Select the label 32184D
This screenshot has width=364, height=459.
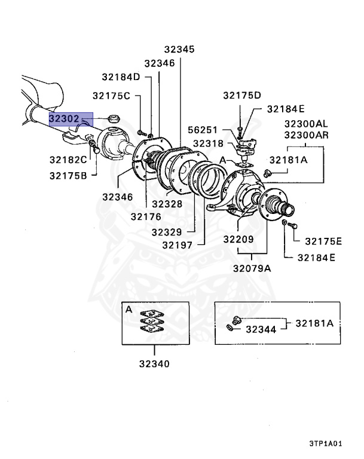point(120,76)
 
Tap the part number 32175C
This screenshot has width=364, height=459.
point(111,96)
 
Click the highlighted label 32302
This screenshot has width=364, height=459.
point(64,119)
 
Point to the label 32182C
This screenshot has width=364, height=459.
point(68,160)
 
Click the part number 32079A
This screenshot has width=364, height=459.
point(252,268)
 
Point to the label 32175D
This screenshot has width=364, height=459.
point(243,96)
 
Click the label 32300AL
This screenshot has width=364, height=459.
point(307,123)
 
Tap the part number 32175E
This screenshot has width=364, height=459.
point(323,241)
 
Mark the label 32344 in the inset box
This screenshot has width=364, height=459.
point(261,329)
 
